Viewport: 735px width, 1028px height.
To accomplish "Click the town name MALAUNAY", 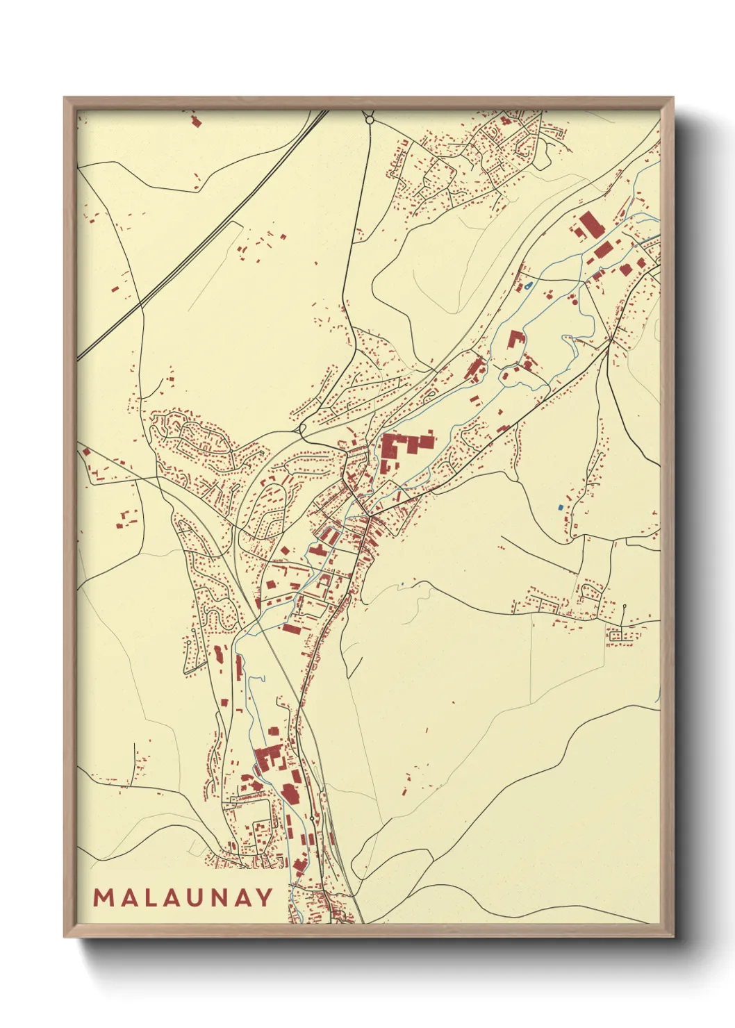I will (x=183, y=897).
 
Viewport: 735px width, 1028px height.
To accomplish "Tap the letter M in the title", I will (x=104, y=897).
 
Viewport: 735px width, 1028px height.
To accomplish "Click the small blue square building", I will (x=560, y=507).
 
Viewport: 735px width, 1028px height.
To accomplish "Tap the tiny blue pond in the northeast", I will (x=529, y=285).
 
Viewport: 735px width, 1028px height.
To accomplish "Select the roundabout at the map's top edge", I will (x=370, y=120).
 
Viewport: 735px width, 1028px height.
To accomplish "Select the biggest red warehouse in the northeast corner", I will (x=591, y=226).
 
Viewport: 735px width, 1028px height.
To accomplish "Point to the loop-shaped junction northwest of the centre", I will (x=302, y=429).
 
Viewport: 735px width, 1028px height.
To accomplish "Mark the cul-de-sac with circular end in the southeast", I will (x=625, y=606).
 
